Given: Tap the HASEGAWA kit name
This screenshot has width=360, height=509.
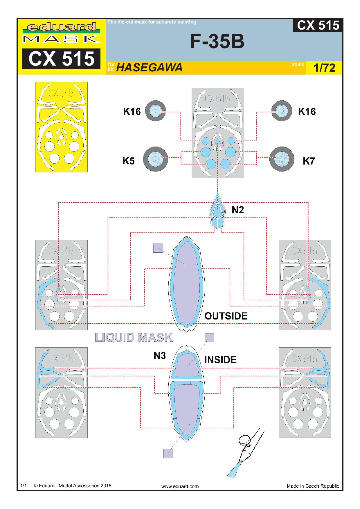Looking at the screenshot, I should pos(149,68).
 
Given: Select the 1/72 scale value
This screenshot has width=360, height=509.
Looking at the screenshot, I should pos(324,68).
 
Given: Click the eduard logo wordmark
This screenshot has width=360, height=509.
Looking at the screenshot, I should pos(61,28).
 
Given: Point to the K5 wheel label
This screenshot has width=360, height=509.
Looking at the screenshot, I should pos(129,161).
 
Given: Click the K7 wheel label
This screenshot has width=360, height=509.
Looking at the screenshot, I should pos(309,161).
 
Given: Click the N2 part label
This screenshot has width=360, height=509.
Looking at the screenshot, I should pos(237,210).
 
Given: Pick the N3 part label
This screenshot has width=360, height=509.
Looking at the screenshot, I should pos(160,355).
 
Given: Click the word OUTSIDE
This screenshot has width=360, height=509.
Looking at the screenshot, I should pos(226,316).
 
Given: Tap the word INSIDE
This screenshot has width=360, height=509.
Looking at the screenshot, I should pos(220,360).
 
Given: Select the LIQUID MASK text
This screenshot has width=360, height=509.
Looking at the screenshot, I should pos(134,337).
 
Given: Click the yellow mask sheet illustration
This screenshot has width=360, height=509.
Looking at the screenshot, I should pos(61,127).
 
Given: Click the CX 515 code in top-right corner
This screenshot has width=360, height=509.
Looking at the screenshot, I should pos(318,26).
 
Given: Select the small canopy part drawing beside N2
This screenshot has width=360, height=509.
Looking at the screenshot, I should pos(218,212).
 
